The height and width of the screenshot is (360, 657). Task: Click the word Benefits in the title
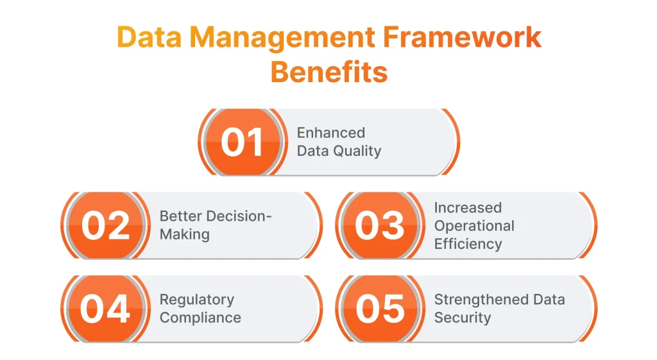(x=329, y=72)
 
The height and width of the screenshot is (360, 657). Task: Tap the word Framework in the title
(x=462, y=37)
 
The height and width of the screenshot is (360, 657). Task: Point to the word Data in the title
(x=149, y=37)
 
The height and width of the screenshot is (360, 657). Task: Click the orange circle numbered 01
(x=243, y=142)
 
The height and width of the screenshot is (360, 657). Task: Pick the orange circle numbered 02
(x=105, y=225)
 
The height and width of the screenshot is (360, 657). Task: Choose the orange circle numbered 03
(x=380, y=225)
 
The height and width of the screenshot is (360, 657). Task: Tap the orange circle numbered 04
(x=105, y=309)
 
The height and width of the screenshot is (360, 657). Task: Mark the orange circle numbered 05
(x=380, y=309)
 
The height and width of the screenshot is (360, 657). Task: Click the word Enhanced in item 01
(x=331, y=133)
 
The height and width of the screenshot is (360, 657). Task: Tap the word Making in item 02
(x=185, y=235)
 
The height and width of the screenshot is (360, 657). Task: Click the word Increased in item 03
(x=468, y=207)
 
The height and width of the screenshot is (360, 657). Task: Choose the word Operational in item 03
(x=474, y=226)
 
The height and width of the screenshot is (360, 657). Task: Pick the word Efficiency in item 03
(x=468, y=244)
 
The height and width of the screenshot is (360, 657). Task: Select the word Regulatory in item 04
(x=197, y=300)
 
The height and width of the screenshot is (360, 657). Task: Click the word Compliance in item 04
(x=200, y=318)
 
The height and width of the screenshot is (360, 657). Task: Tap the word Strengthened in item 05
(x=481, y=300)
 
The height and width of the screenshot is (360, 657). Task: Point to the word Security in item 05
(x=463, y=318)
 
